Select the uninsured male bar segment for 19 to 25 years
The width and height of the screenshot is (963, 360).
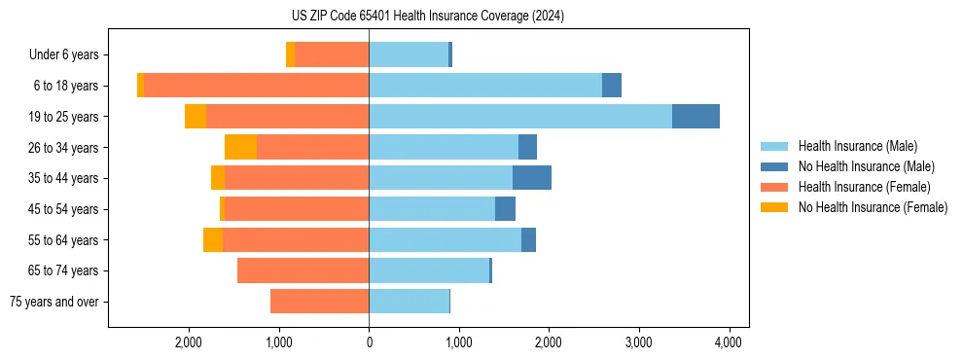click(x=695, y=117)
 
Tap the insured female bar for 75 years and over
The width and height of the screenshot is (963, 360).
click(x=319, y=302)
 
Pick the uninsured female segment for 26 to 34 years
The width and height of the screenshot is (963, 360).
click(x=240, y=147)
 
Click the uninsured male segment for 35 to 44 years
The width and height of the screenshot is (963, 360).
click(x=532, y=178)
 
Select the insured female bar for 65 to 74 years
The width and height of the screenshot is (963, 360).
click(x=303, y=270)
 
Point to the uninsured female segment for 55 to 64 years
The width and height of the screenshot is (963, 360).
click(x=213, y=239)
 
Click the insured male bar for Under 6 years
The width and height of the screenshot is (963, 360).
click(x=409, y=55)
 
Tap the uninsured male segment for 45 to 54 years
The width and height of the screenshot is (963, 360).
click(x=505, y=209)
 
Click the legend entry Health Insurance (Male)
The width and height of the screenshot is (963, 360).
click(x=857, y=146)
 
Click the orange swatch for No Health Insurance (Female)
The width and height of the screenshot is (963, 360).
click(x=775, y=207)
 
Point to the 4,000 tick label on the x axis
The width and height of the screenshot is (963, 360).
click(x=729, y=342)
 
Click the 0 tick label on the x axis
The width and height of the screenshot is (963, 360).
click(x=369, y=342)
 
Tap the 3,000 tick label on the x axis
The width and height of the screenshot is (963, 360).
click(x=638, y=342)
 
